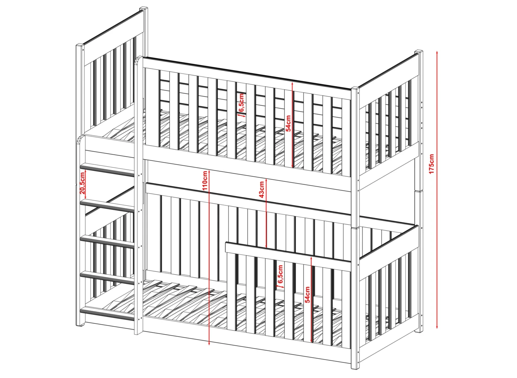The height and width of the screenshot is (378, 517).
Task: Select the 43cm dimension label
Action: click(261, 190)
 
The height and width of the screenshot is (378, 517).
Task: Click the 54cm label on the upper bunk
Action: click(288, 123)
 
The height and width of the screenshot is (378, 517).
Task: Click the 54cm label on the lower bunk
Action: click(307, 295)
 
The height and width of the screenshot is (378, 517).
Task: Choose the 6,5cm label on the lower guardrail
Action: click(280, 274)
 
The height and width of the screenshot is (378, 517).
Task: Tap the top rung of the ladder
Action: click(107, 170)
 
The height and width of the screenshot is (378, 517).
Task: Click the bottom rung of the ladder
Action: click(107, 314)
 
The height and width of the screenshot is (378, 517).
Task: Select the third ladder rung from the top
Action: click(107, 241)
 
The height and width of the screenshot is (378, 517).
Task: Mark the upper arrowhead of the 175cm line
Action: click(437, 52)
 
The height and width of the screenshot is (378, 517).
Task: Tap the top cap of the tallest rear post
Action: click(144, 9)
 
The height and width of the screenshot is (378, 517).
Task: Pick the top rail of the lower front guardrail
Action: click(288, 256)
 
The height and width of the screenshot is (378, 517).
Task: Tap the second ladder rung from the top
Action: click(107, 206)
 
